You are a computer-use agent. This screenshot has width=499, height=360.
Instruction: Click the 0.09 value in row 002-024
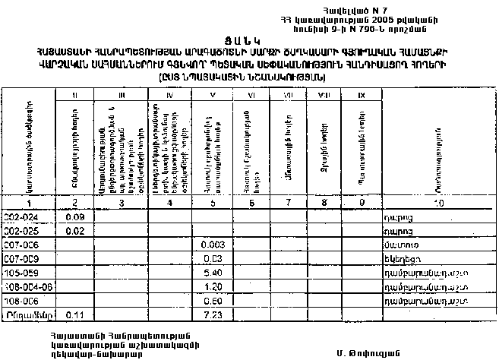(x=74, y=216)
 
